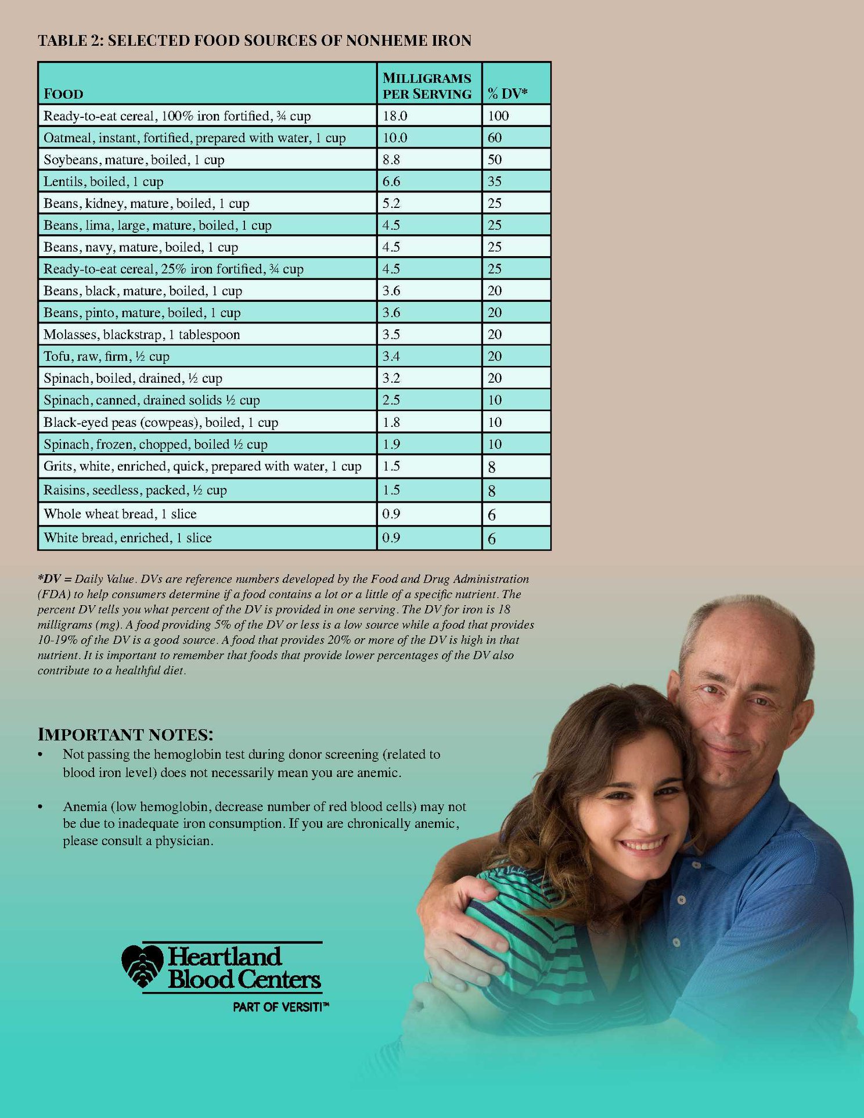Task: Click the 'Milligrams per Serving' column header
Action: click(x=427, y=86)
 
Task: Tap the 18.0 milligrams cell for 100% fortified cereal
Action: click(x=395, y=116)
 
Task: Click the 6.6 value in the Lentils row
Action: click(x=391, y=181)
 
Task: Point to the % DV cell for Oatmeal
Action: click(x=495, y=138)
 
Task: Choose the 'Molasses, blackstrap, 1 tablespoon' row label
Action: click(x=142, y=335)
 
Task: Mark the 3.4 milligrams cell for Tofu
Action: click(x=391, y=356)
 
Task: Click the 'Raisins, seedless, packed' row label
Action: click(x=135, y=490)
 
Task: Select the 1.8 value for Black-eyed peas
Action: click(x=391, y=422)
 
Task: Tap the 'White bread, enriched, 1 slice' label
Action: click(x=128, y=538)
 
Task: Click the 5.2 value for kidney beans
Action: click(x=391, y=203)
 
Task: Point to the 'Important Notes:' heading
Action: click(x=125, y=735)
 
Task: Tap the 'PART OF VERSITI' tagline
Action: click(x=280, y=1007)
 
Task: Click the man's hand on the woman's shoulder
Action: click(x=465, y=918)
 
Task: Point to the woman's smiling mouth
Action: click(x=643, y=843)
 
